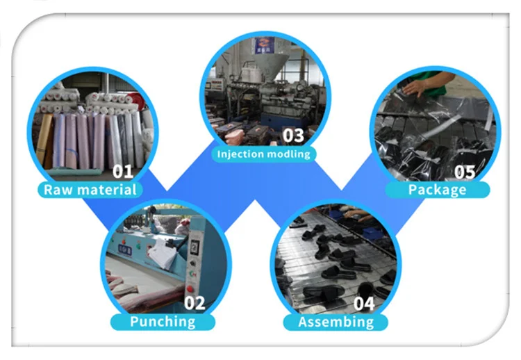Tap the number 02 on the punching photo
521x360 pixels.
pyautogui.click(x=195, y=303)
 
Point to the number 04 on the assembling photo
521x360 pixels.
pyautogui.click(x=364, y=303)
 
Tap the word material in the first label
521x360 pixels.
pyautogui.click(x=107, y=189)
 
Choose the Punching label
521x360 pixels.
pyautogui.click(x=163, y=322)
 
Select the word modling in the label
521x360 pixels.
pyautogui.click(x=288, y=154)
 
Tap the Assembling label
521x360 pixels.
pyautogui.click(x=336, y=322)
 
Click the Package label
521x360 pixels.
pyautogui.click(x=437, y=189)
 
